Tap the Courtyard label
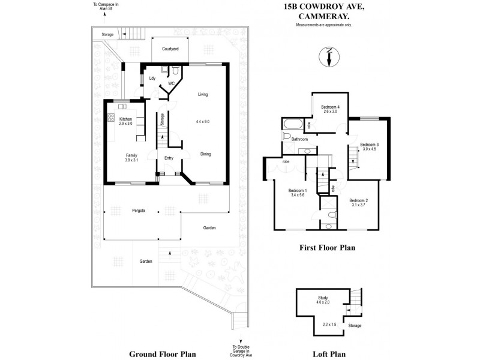(170, 49)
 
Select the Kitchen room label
(125, 119)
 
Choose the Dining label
(206, 154)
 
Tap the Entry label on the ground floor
(169, 159)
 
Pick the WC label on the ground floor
(171, 83)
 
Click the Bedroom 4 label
(331, 107)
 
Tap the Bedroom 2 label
(358, 200)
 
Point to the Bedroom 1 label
(298, 190)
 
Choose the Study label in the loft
(323, 298)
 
